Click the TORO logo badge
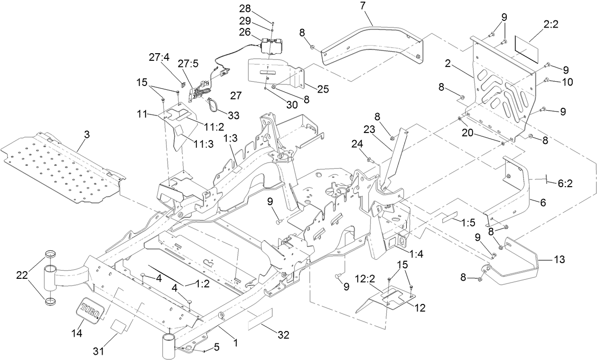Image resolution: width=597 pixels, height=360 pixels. (91, 311)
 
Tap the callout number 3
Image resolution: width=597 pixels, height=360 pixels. (86, 135)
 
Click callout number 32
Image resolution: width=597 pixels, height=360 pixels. (283, 335)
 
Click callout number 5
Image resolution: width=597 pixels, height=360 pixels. (217, 348)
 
